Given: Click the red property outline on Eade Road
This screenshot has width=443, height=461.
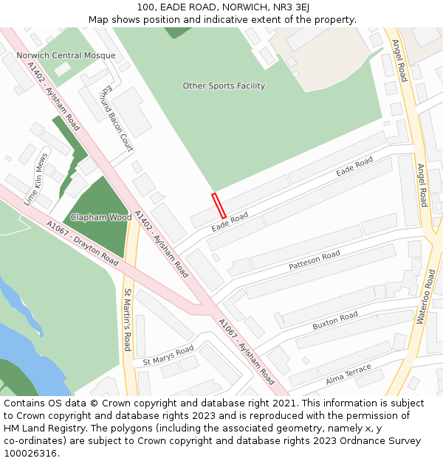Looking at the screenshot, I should pos(219,205).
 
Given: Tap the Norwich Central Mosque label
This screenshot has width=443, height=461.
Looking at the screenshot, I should pos(66,55).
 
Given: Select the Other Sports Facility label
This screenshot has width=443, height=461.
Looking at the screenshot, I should pos(224,86).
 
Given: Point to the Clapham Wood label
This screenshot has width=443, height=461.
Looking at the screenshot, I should pos(101,218).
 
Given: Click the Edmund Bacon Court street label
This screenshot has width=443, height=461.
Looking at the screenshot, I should pos(117,119).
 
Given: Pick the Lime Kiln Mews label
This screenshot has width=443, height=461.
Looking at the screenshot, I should pos(36,178).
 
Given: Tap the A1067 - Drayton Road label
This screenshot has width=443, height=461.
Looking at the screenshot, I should pos(82,243).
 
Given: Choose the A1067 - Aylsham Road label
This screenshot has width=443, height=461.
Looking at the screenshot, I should pos(246,352).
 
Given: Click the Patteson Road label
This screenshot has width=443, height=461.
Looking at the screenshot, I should pos(315,260).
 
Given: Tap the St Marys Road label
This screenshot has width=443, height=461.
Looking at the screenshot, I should pos(168,355).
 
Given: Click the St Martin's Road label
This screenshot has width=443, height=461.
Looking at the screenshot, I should pos(128,319).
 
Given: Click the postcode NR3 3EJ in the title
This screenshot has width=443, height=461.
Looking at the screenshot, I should pos(292,7).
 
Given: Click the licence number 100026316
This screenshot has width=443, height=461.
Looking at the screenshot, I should pos(30,454).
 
